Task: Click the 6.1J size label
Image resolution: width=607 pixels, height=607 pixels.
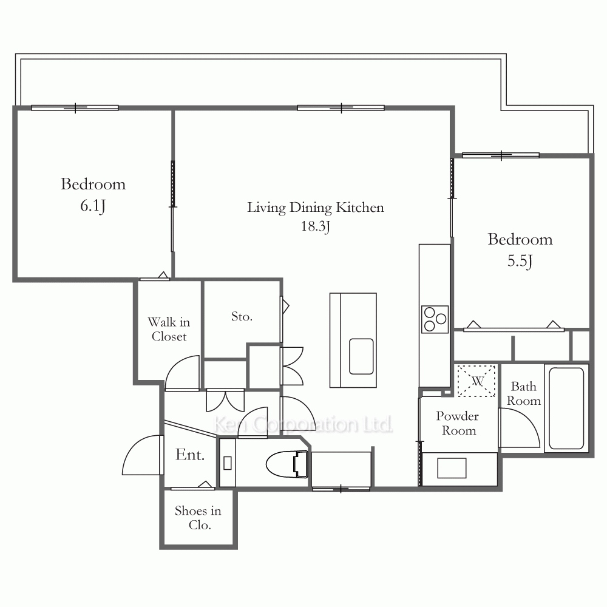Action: pos(93,206)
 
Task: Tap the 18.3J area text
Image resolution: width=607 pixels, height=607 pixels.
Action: pos(316,226)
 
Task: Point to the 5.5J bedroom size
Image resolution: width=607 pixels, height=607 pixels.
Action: pos(520,261)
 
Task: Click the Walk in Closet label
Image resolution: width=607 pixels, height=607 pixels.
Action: pos(169,329)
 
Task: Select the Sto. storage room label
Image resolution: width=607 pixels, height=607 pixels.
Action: pos(242,316)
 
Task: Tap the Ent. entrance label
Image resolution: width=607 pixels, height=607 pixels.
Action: pos(189,455)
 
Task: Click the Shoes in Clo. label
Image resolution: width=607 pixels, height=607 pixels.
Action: pos(198,518)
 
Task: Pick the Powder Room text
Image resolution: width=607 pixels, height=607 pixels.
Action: pos(458,423)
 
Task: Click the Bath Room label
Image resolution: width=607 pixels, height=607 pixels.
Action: pos(523,393)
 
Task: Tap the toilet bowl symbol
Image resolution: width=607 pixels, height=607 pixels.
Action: pos(287,464)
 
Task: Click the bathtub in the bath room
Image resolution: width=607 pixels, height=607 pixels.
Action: pos(566,408)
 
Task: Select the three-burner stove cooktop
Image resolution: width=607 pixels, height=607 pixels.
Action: pos(435,319)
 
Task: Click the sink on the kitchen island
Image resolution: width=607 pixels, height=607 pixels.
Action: pos(361,356)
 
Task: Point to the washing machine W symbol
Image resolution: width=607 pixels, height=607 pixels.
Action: pos(476,381)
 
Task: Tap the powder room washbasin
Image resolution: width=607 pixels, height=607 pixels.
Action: pos(452,468)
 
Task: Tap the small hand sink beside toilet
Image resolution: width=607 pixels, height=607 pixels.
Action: pos(228,463)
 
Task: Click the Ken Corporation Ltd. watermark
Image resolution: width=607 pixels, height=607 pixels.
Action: pos(303,425)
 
